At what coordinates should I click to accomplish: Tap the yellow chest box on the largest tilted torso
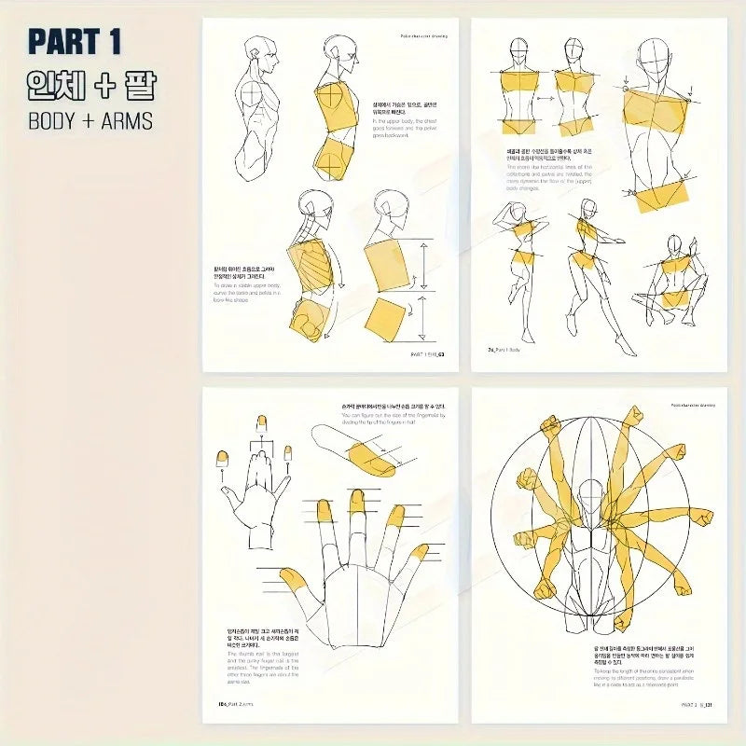click(658, 112)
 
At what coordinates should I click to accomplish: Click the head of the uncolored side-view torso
click(260, 59)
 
